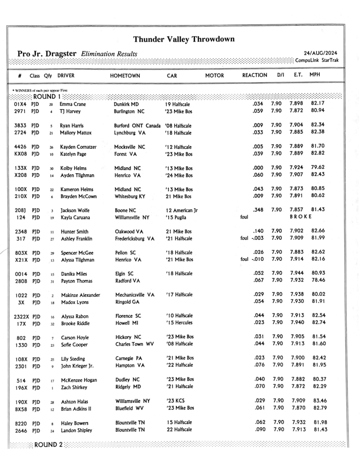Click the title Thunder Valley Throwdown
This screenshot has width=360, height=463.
pos(184,39)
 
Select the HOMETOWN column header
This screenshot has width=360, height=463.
pos(125,76)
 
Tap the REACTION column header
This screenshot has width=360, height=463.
pos(255,75)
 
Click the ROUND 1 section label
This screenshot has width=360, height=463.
pos(47,96)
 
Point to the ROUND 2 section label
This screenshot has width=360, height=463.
pos(48,444)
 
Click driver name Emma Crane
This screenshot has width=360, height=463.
pos(73,104)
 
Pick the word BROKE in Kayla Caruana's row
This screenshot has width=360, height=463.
pos(301,217)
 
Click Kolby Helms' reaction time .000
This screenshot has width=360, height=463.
pos(259,167)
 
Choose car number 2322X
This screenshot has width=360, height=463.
pos(23,316)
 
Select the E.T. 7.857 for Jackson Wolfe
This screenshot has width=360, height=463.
pos(296,210)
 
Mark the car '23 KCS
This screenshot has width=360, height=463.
pos(175,401)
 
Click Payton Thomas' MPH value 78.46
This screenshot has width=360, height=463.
pos(319,280)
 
